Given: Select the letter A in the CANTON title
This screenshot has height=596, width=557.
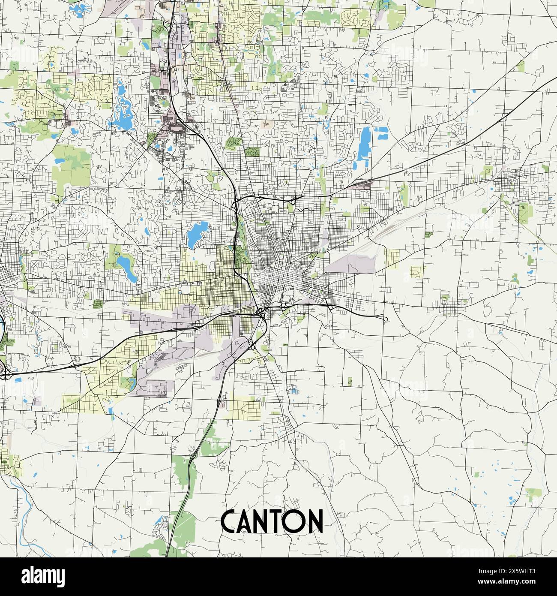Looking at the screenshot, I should (x=246, y=521).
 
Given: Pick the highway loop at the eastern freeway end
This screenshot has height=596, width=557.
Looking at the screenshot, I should (x=384, y=319).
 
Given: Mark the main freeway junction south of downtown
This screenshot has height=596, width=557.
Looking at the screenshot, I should (x=261, y=313).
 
